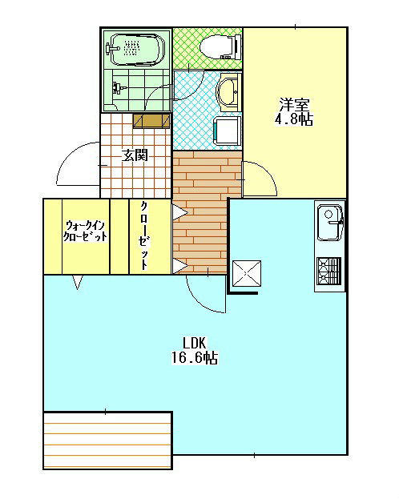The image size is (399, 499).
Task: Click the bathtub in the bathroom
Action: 136,50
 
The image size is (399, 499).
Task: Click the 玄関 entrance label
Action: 134,155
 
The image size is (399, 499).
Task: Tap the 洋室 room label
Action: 294,105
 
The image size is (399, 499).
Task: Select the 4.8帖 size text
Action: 294,120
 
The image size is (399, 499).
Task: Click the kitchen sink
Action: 328,221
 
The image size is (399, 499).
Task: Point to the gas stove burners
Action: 329,270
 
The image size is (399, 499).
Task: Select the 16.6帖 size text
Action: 195,358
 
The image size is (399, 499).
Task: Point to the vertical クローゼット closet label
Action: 144,235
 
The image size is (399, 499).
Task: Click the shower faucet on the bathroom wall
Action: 118,86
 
